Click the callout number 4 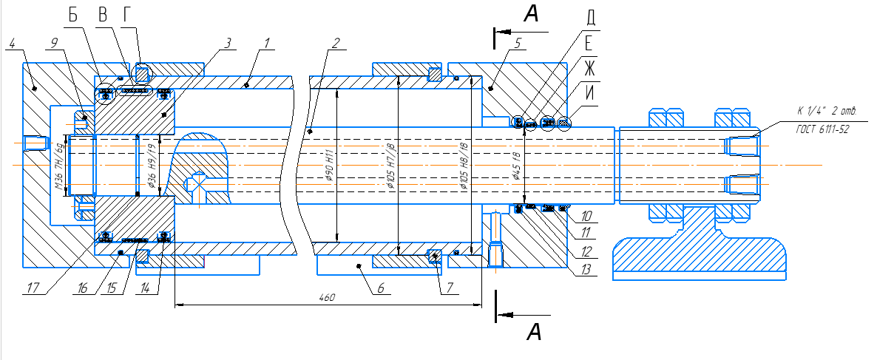coord(13,44)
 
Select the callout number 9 coord(53,44)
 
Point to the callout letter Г coord(127,16)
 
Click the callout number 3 coord(228,44)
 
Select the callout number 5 coord(518,44)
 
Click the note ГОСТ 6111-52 coord(823,128)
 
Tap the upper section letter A coord(535,13)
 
